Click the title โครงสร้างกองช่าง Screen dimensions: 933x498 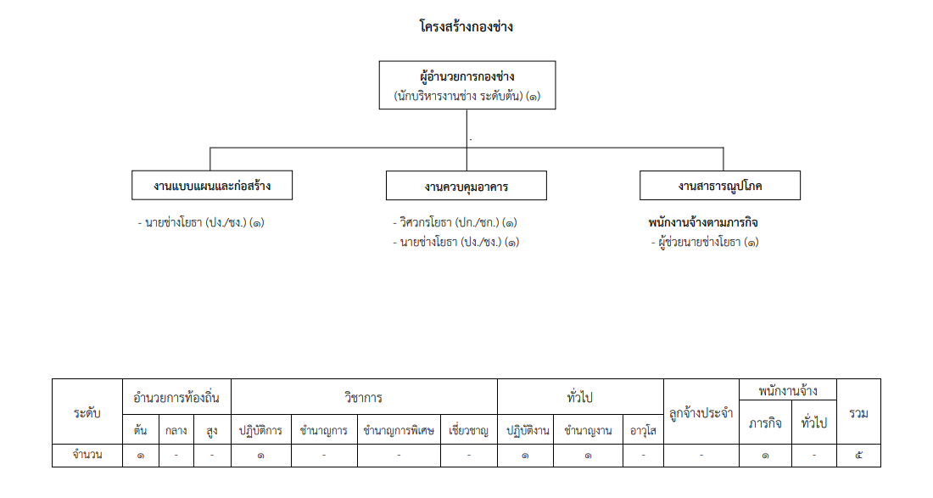[x=466, y=27]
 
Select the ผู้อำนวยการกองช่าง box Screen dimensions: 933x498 [x=467, y=85]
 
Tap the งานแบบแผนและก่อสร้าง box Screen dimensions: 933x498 [x=212, y=186]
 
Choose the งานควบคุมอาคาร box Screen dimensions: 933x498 [x=466, y=186]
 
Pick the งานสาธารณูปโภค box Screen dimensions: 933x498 [x=720, y=186]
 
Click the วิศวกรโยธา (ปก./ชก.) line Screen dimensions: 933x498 [x=455, y=222]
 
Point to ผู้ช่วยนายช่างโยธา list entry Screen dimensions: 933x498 [x=705, y=242]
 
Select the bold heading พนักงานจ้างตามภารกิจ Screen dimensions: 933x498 [x=703, y=222]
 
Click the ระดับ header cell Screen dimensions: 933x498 [x=87, y=411]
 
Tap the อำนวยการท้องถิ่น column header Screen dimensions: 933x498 [x=176, y=397]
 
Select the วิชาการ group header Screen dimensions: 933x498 [x=364, y=397]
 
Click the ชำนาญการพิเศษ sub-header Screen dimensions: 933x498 [x=399, y=429]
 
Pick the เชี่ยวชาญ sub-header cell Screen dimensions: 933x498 [x=469, y=429]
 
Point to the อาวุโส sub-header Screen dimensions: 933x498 [x=643, y=429]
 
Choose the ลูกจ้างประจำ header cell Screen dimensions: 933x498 [x=701, y=411]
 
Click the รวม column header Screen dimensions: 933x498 [x=858, y=411]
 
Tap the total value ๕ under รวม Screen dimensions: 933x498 [x=858, y=456]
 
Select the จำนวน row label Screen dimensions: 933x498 [x=87, y=456]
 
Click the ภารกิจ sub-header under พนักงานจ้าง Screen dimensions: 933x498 [x=765, y=422]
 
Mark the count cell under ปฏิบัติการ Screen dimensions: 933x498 [x=261, y=456]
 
